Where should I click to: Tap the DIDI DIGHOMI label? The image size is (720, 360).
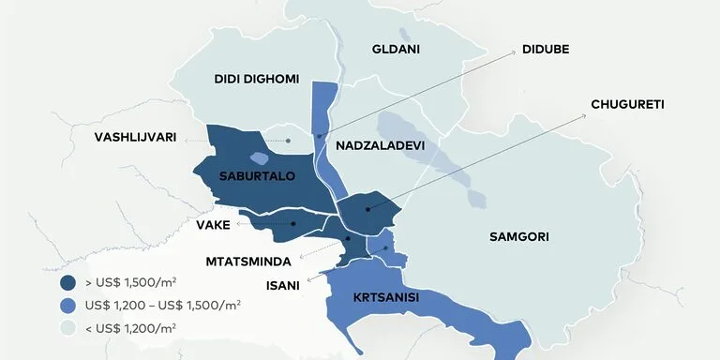[x=256, y=80]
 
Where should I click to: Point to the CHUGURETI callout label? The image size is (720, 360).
[x=627, y=104]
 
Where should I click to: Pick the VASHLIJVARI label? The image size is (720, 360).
[x=135, y=137]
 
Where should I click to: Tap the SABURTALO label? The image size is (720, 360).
[x=257, y=176]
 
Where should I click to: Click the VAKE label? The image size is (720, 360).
[x=213, y=224]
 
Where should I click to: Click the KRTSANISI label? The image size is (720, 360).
[x=385, y=297]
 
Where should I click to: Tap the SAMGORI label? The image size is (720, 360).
[x=518, y=236]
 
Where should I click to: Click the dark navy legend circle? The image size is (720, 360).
[x=67, y=282]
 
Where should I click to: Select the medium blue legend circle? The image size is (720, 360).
[x=67, y=305]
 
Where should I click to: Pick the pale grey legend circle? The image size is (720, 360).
[x=67, y=327]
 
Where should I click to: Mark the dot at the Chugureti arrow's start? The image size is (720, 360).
[x=367, y=209]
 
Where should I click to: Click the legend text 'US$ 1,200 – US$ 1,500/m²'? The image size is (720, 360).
[x=162, y=305]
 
